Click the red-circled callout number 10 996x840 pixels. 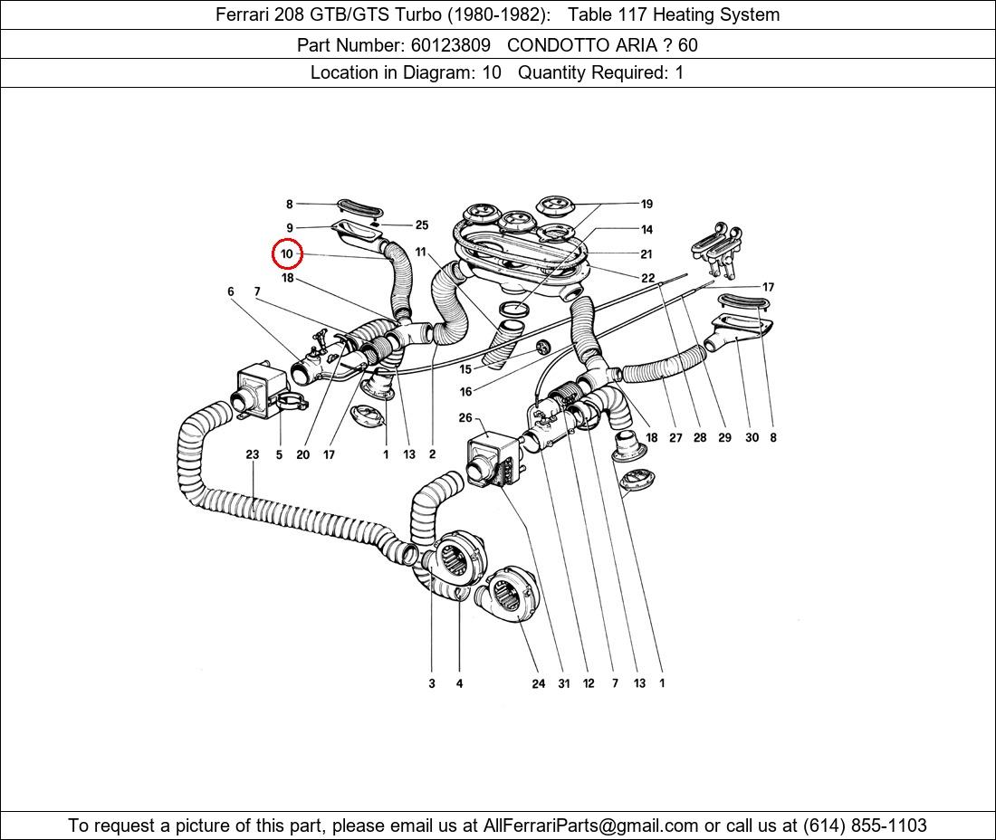pyautogui.click(x=287, y=254)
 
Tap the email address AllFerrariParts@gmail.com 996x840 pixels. pyautogui.click(x=591, y=825)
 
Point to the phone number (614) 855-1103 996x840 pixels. pyautogui.click(x=865, y=825)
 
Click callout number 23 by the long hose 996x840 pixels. pyautogui.click(x=253, y=454)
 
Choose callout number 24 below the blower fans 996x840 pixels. pyautogui.click(x=538, y=683)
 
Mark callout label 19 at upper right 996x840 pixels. pyautogui.click(x=646, y=205)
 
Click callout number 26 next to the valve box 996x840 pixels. pyautogui.click(x=465, y=418)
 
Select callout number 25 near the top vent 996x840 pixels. pyautogui.click(x=421, y=225)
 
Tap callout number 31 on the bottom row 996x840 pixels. pyautogui.click(x=563, y=683)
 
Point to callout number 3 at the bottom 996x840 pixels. pyautogui.click(x=432, y=683)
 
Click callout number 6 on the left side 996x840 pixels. pyautogui.click(x=231, y=291)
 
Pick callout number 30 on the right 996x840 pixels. pyautogui.click(x=752, y=437)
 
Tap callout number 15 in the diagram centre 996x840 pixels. pyautogui.click(x=465, y=369)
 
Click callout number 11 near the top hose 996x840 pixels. pyautogui.click(x=421, y=252)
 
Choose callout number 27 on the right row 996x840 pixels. pyautogui.click(x=675, y=437)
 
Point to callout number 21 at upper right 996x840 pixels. pyautogui.click(x=646, y=254)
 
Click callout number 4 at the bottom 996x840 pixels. pyautogui.click(x=459, y=683)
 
